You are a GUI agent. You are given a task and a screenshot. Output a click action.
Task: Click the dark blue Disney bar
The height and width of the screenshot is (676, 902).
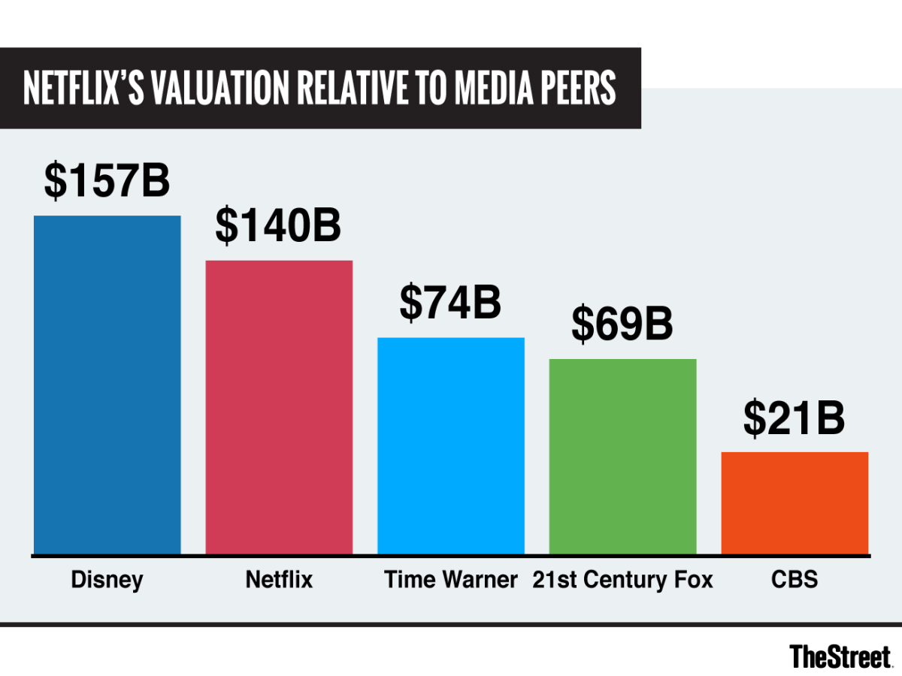[107, 385]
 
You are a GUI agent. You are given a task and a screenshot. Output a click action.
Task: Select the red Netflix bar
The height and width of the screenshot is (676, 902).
[279, 407]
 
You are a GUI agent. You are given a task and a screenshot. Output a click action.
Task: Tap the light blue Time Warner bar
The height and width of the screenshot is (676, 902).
[450, 445]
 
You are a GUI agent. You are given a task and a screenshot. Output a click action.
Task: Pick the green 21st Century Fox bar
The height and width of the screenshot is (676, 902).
[622, 456]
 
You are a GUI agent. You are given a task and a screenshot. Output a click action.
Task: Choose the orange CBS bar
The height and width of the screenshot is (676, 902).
[795, 502]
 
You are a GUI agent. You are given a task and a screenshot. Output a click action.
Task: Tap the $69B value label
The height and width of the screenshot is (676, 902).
[622, 324]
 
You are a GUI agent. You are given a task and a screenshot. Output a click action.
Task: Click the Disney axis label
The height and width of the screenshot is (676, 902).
[107, 580]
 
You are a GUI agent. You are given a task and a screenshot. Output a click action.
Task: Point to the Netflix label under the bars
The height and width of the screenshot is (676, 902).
[279, 580]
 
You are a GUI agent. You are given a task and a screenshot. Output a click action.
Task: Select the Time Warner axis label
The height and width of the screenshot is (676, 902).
[450, 580]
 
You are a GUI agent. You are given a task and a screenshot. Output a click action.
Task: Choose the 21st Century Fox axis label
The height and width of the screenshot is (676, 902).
[622, 580]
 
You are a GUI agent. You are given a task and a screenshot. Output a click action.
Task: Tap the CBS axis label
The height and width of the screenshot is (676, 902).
[795, 580]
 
